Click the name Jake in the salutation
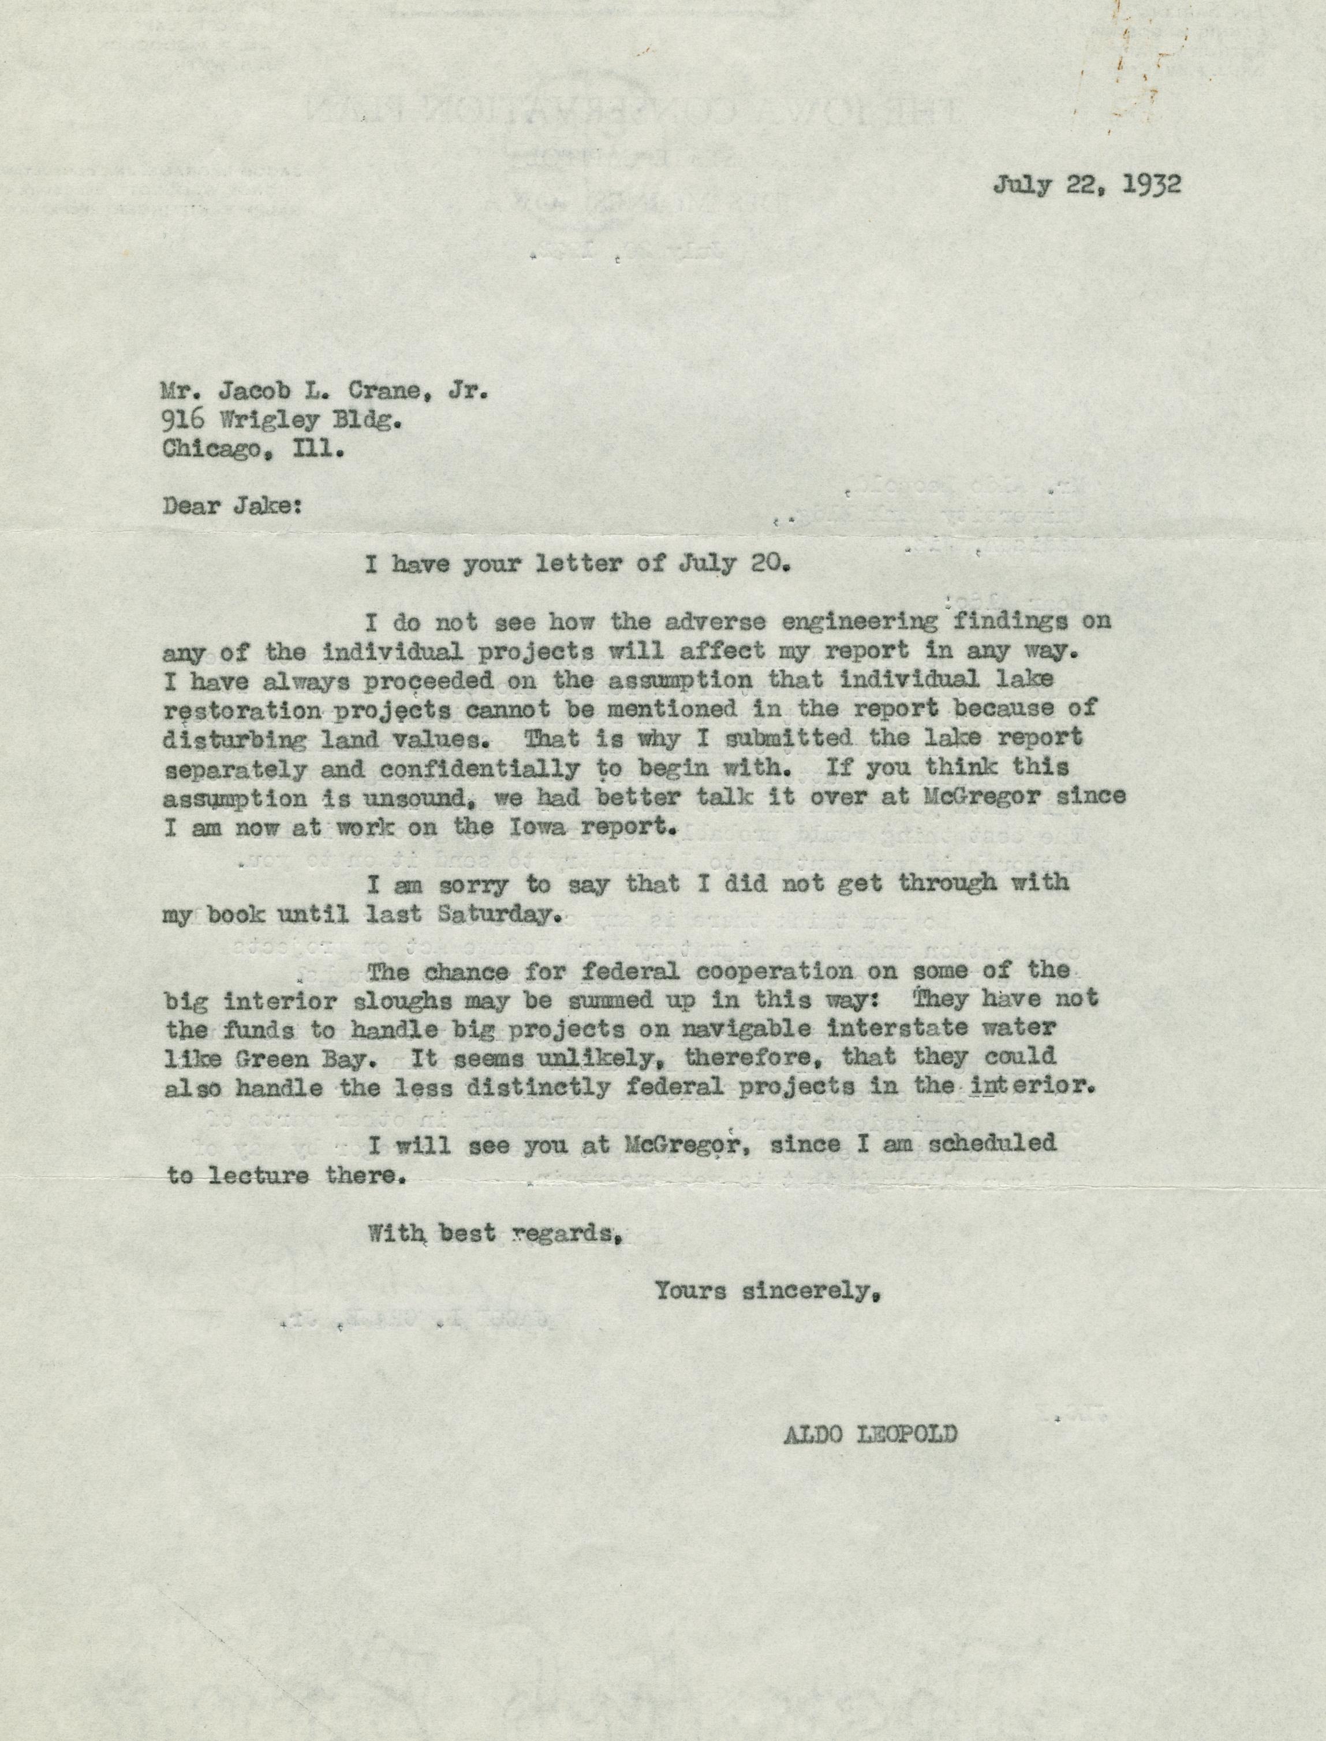[267, 505]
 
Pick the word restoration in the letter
[241, 709]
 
